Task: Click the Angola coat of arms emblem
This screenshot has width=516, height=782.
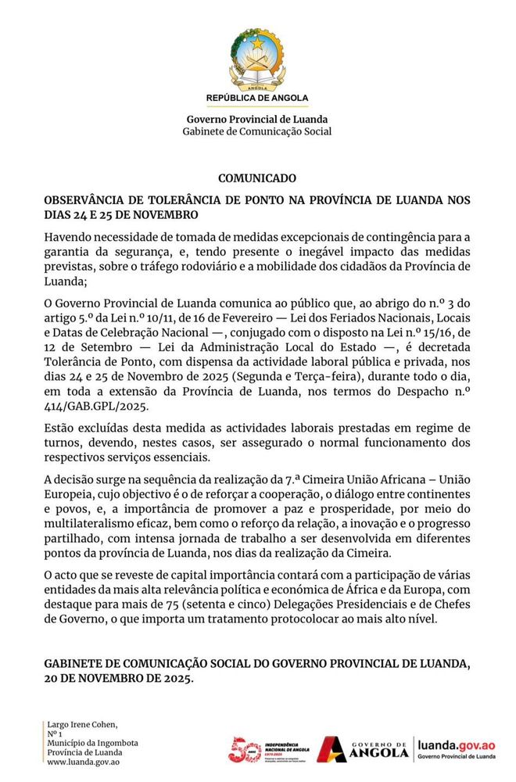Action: pos(257,60)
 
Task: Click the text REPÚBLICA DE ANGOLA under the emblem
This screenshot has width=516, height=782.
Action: pos(257,99)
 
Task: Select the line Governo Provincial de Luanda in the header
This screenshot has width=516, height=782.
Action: pos(257,119)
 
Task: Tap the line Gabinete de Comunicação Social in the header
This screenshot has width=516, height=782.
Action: pos(257,131)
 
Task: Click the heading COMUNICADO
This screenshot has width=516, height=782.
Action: pos(257,178)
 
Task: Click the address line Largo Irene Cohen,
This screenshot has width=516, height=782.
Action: pos(82,724)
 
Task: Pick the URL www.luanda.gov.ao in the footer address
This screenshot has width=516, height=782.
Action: pos(82,762)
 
